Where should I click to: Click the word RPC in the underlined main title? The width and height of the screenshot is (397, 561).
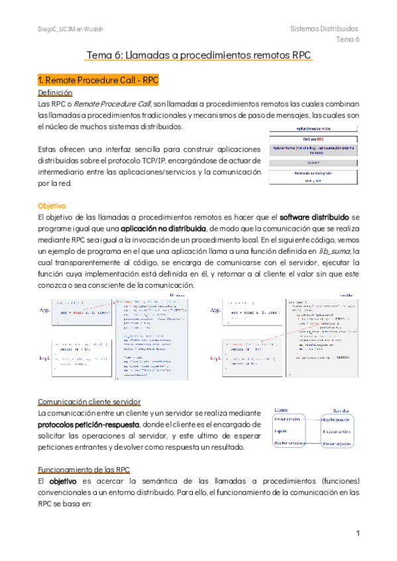(298, 57)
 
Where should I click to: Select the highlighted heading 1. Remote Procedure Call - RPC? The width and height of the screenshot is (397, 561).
(98, 81)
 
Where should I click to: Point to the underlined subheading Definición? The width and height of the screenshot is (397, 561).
(55, 93)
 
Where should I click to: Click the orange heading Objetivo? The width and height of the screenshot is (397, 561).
(52, 206)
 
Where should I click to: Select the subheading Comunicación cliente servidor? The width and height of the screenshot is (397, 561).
(89, 402)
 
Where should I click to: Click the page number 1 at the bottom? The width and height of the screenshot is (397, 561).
(357, 533)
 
